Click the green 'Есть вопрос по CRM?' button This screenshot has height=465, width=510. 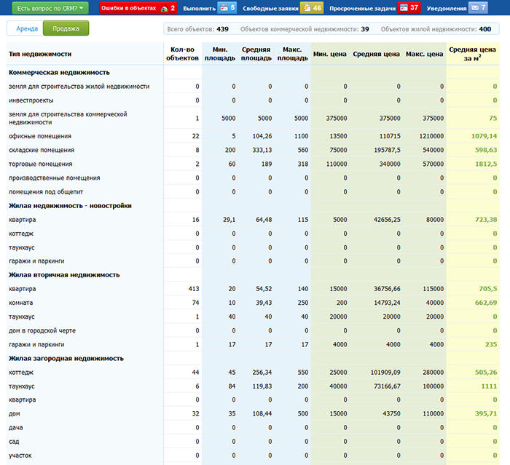click(x=50, y=8)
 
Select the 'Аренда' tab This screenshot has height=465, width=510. click(x=27, y=28)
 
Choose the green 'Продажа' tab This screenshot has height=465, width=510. click(x=66, y=28)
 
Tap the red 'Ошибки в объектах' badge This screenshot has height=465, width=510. click(x=138, y=8)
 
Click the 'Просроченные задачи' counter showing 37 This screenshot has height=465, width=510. click(x=409, y=8)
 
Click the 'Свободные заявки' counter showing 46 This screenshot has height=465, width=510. click(x=312, y=8)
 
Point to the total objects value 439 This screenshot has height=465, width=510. click(x=222, y=29)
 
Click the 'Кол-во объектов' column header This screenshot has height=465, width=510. click(x=182, y=54)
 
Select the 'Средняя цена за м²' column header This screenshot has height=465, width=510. click(x=472, y=54)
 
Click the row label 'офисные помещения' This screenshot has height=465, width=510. click(x=40, y=136)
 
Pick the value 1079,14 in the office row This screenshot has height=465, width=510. click(x=484, y=136)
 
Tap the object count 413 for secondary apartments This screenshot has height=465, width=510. click(x=194, y=289)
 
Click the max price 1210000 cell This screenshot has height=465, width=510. click(x=431, y=136)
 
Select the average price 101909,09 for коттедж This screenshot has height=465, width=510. click(x=385, y=373)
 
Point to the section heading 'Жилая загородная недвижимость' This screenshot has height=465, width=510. click(x=66, y=359)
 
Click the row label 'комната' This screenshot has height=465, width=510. click(x=21, y=303)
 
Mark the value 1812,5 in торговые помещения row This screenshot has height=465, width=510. click(x=486, y=164)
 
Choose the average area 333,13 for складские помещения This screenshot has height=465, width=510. click(x=262, y=150)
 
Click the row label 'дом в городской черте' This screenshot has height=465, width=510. click(x=42, y=331)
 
